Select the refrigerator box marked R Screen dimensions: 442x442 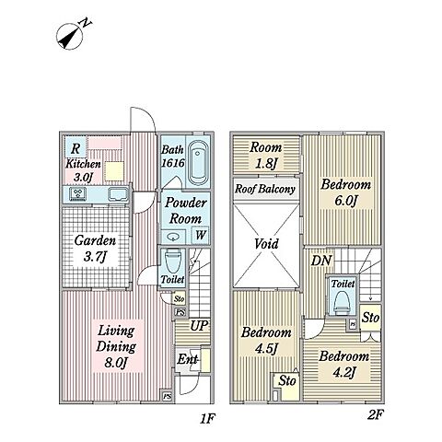76,148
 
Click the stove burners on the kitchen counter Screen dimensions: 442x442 78,194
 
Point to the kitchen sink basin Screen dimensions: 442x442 118,194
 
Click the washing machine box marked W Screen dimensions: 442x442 200,235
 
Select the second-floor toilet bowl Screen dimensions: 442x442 341,302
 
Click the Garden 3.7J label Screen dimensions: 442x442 95,248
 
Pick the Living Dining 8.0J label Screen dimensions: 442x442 116,346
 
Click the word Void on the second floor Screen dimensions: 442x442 266,244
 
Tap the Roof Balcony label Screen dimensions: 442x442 265,189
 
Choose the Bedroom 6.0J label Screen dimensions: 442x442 345,192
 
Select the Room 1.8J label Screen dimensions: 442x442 265,156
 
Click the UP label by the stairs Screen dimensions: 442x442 199,326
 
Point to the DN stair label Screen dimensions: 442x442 321,261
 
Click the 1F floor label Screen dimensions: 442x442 207,418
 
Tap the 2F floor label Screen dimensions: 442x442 376,415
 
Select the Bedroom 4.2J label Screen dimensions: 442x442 343,365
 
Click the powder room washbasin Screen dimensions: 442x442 173,237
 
